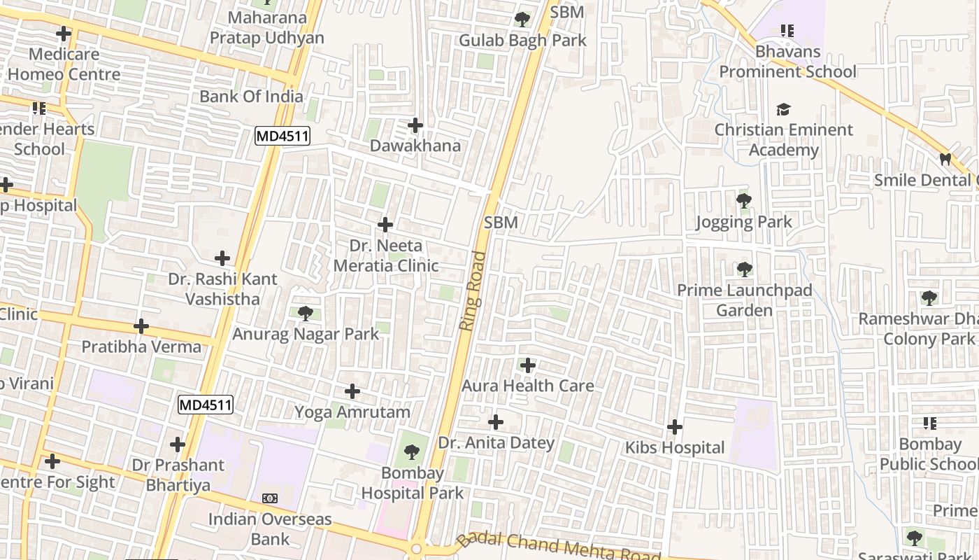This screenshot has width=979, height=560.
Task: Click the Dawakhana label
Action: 415,146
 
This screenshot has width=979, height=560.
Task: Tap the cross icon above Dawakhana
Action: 415,126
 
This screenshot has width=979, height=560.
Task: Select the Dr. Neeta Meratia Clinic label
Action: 386,255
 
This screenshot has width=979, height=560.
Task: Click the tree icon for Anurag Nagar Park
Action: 305,313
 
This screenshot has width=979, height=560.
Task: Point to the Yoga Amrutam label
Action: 352,412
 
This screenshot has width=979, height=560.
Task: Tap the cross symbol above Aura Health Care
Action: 528,365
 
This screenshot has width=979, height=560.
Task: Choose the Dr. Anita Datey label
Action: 496,442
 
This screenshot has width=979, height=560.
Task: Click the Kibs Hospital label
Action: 675,447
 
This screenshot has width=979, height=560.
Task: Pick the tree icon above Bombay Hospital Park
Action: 413,451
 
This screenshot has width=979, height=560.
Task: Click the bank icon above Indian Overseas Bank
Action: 270,498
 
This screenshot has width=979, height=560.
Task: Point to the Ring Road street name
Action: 473,290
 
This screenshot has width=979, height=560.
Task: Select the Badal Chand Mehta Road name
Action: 559,547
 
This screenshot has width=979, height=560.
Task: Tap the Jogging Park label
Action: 744,222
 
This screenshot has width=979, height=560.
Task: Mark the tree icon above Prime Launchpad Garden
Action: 744,269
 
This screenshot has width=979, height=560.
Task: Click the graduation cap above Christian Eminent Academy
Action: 783,110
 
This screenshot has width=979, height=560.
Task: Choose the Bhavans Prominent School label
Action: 787,62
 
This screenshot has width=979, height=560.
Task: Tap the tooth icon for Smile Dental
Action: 945,160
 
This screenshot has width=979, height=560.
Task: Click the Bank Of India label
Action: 252,96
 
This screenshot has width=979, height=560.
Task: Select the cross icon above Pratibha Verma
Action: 141,326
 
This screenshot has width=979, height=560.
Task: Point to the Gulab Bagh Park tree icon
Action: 522,20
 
